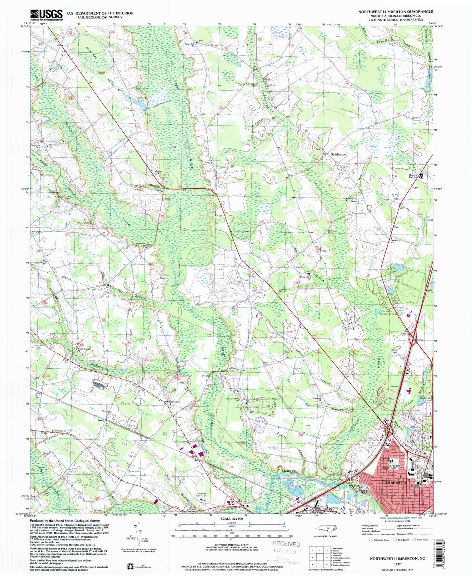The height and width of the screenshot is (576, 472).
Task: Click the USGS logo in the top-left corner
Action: (x=46, y=14)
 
